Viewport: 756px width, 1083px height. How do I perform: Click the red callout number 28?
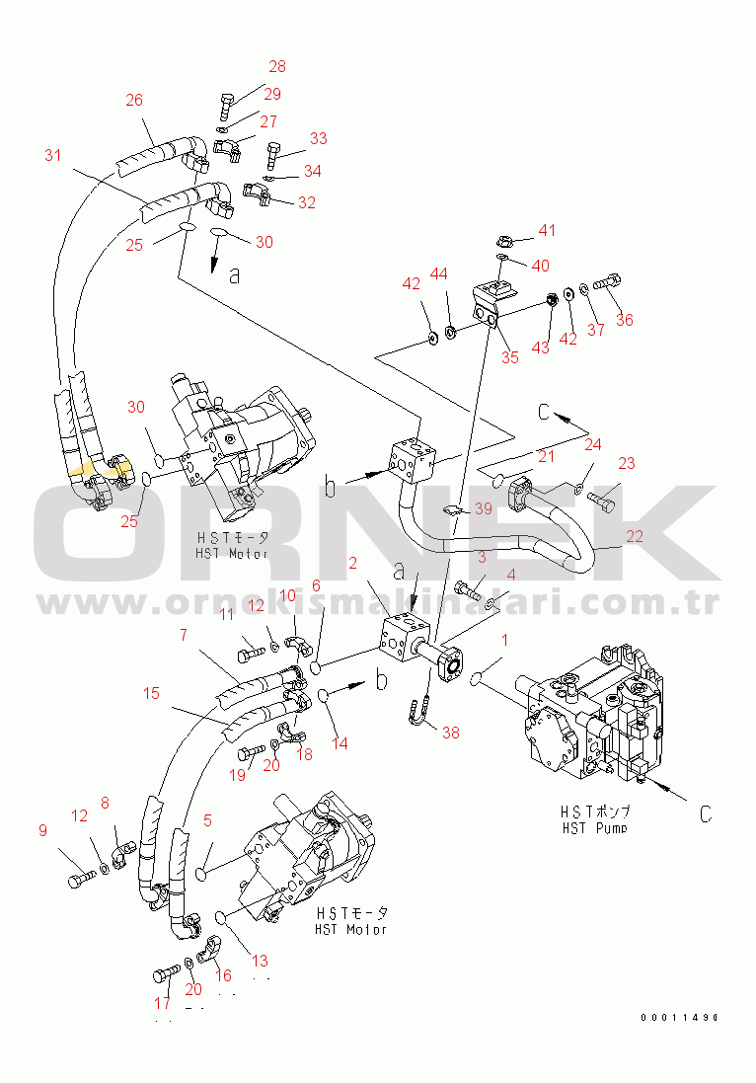tap(277, 67)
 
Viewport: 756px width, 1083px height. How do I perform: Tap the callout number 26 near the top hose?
tap(134, 100)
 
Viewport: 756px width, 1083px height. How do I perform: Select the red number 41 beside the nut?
tap(547, 230)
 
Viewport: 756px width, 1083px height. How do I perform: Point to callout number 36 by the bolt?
tap(624, 319)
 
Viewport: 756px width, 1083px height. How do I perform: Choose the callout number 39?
tap(483, 508)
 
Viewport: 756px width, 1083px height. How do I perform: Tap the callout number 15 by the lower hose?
tap(151, 693)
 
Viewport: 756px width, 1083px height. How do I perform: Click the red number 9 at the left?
tap(42, 831)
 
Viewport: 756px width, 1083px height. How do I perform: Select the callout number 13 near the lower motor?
tap(260, 961)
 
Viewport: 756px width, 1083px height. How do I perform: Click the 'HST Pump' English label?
tap(591, 827)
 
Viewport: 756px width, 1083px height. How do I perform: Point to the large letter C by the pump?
tap(705, 814)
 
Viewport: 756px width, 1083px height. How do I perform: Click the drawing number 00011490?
tap(678, 1017)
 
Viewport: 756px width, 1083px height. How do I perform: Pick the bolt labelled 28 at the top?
tap(226, 103)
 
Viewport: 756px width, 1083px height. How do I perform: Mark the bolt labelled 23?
tap(601, 498)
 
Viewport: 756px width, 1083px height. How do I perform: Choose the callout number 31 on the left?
tap(52, 155)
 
